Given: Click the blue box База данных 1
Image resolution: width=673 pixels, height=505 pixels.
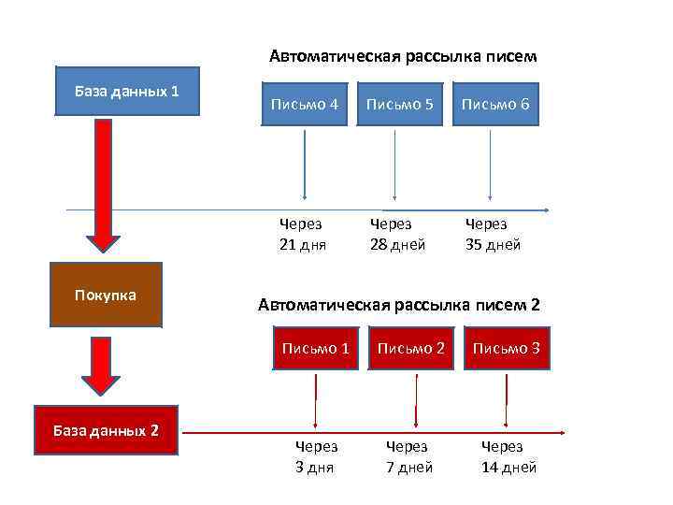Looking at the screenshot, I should [127, 92].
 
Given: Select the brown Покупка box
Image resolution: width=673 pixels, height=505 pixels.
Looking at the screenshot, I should [106, 295].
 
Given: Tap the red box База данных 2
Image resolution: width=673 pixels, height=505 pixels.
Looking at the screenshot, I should [106, 430].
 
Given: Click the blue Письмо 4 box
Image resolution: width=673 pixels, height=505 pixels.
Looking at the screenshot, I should [305, 104].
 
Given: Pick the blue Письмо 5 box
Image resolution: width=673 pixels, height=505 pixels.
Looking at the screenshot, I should [399, 104].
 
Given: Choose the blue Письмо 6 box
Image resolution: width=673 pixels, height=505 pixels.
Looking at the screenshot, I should [495, 104].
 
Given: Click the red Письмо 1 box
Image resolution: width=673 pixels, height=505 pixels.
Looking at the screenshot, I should [316, 348].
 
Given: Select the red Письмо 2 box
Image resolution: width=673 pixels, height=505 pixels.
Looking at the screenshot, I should [410, 348].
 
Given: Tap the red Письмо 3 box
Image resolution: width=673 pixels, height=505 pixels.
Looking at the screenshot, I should [506, 348].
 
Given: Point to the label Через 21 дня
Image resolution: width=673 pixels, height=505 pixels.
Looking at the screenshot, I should [302, 234].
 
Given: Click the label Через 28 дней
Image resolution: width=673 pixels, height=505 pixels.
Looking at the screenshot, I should [397, 234].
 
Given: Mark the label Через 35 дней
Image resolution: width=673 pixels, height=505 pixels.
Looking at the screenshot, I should [493, 234].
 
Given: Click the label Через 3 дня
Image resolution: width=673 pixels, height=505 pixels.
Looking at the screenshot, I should [316, 457].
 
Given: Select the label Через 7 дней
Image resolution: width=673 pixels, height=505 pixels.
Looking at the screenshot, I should [409, 457].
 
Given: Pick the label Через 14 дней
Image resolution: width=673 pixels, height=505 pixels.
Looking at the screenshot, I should [508, 457].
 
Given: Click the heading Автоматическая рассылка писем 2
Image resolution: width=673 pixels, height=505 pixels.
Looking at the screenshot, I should [398, 305].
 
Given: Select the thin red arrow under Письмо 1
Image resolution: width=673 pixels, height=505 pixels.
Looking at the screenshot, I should [316, 397].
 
